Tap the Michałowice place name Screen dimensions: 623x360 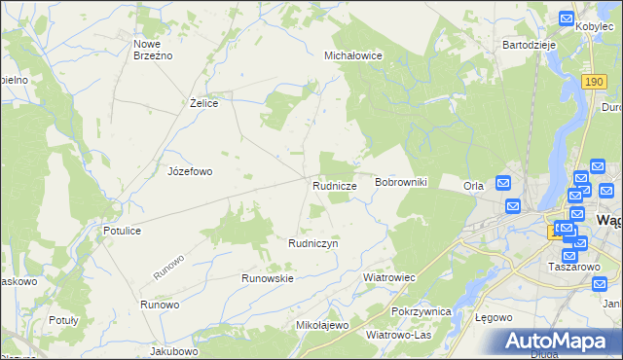(352, 56)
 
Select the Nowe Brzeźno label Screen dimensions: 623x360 (153, 50)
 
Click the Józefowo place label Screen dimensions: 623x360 (190, 171)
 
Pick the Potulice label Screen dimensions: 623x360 (124, 231)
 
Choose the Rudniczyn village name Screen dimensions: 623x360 (312, 243)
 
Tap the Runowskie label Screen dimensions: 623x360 (268, 278)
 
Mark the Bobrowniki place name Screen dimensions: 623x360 (401, 183)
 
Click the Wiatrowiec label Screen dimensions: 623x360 (389, 277)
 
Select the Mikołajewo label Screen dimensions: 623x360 (321, 325)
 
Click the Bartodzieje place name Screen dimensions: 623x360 (528, 45)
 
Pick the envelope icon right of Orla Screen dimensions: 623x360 (503, 182)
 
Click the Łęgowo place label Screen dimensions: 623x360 (492, 318)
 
